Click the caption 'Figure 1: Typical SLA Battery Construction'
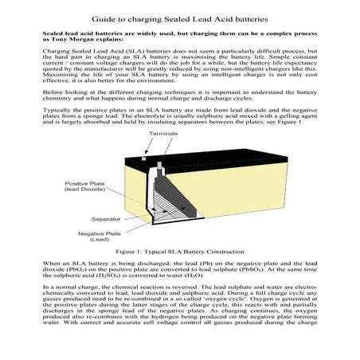(179, 251)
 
